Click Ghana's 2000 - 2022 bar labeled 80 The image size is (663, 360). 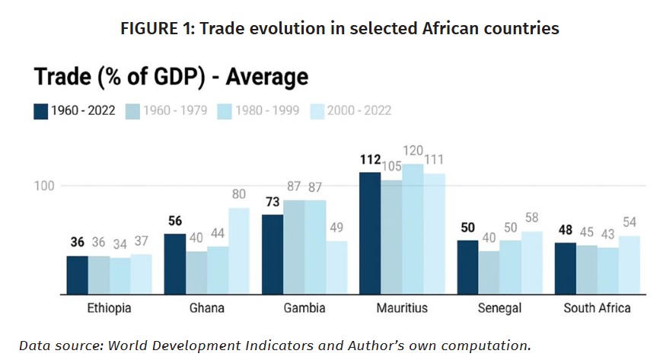coord(239,251)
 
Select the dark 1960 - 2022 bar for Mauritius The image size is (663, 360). coord(370,233)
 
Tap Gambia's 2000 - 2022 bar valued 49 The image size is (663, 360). coord(336,267)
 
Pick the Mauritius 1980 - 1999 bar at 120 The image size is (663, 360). coord(413,229)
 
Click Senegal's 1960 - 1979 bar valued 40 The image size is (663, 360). coord(489,272)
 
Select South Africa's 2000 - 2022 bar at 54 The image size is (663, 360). coord(630,265)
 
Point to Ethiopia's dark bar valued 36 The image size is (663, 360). coord(78,275)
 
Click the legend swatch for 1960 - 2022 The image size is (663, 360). coord(40,112)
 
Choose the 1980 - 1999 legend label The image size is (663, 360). coord(267,110)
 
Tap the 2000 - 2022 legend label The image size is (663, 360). coord(359,110)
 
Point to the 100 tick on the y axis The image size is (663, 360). coord(44,186)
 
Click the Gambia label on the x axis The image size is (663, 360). coord(304,307)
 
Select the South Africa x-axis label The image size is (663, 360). coord(597,307)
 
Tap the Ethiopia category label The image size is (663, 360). coord(109,307)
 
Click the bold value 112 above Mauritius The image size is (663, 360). coord(371,160)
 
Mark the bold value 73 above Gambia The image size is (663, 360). coord(273,202)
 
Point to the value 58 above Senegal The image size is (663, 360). coord(531,217)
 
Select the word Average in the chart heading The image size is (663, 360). coord(267,76)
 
